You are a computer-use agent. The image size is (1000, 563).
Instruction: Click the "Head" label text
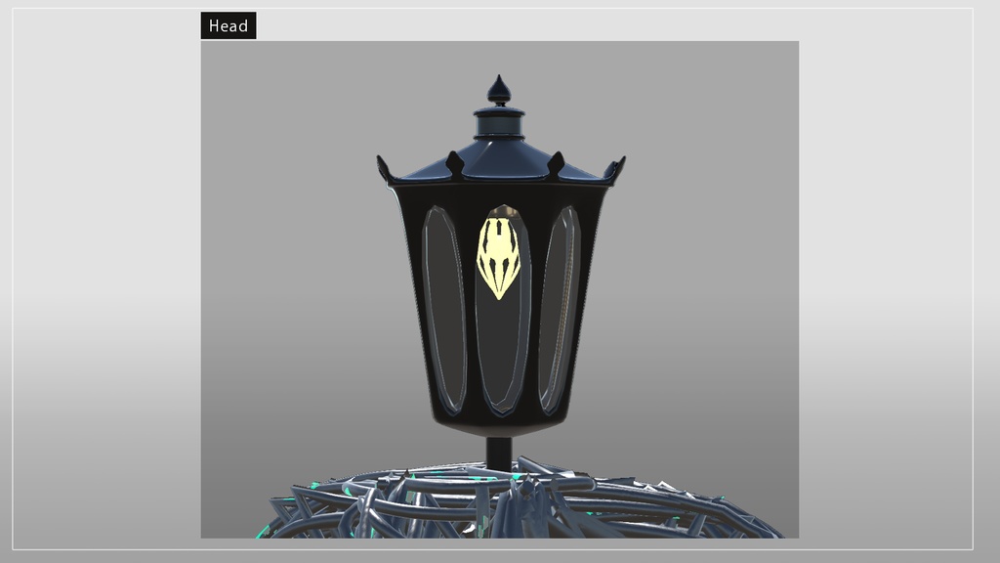[229, 25]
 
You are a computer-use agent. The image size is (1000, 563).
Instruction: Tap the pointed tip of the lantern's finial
[499, 75]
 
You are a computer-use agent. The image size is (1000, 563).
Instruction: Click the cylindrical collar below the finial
[499, 124]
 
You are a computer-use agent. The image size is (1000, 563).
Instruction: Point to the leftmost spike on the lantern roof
[383, 168]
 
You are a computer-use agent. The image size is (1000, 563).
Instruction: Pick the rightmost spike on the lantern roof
[617, 168]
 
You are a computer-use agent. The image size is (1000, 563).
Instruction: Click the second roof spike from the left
[455, 163]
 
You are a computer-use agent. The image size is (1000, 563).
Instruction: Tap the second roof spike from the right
[556, 163]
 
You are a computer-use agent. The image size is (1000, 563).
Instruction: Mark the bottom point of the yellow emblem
[499, 299]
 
